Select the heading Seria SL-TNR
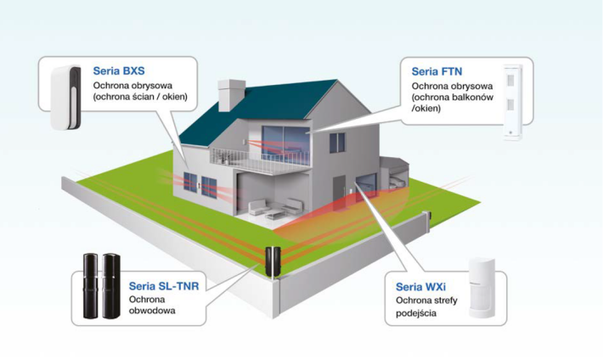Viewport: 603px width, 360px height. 164,286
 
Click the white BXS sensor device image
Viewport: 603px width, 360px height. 65,96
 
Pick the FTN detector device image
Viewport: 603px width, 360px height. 512,101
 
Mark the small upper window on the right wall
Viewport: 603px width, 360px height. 337,142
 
